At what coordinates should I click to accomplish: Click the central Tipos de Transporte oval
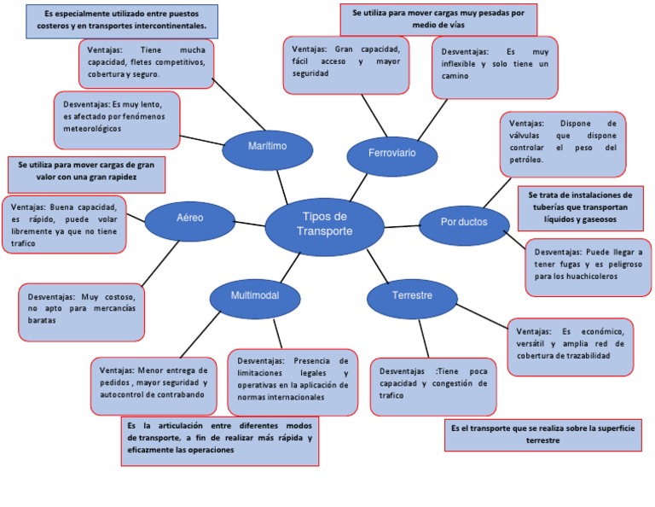pyautogui.click(x=323, y=225)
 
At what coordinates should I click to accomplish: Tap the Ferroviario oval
pyautogui.click(x=391, y=154)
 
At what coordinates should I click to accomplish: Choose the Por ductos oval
pyautogui.click(x=464, y=222)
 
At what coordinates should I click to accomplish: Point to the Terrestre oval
pyautogui.click(x=412, y=296)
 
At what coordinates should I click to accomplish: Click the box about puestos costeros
pyautogui.click(x=122, y=21)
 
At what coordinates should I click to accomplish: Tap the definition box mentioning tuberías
pyautogui.click(x=581, y=207)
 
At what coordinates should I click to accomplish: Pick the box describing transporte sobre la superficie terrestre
pyautogui.click(x=542, y=434)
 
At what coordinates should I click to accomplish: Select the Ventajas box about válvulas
pyautogui.click(x=562, y=143)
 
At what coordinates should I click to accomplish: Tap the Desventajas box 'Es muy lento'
pyautogui.click(x=117, y=119)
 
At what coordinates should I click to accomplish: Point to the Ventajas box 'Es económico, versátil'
pyautogui.click(x=570, y=346)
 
